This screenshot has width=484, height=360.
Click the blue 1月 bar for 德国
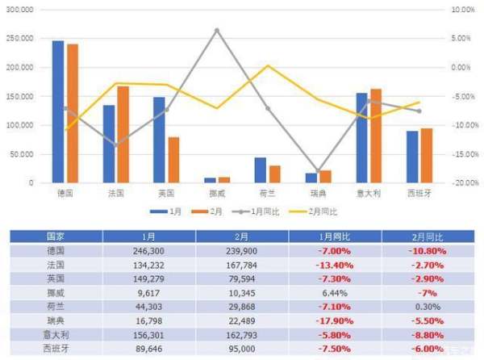[57, 111]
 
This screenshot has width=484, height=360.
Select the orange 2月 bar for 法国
[123, 135]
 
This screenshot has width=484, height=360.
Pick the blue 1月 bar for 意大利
[361, 138]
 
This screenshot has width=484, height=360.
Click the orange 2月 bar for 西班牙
[427, 156]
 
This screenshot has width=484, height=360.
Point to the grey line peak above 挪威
[216, 31]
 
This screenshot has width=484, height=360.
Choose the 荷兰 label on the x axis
[267, 194]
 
